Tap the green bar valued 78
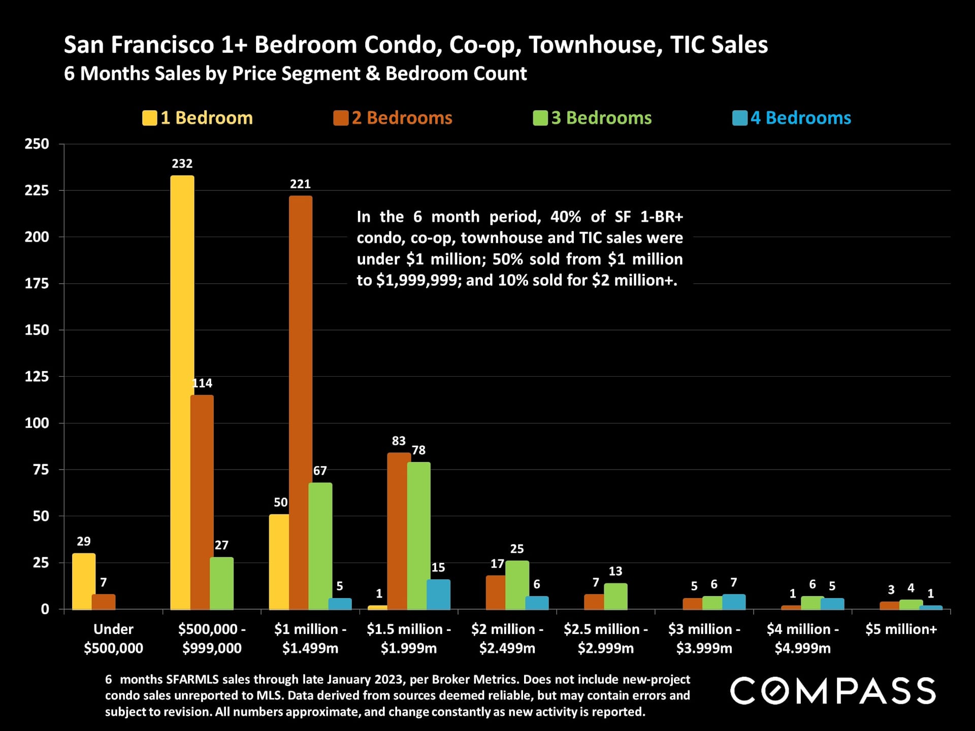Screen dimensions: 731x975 click(x=418, y=535)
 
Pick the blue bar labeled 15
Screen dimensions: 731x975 click(x=438, y=594)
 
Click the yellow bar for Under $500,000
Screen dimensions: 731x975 click(x=83, y=581)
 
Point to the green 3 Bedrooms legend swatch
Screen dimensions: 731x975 click(x=540, y=118)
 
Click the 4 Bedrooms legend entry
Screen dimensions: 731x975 click(x=800, y=118)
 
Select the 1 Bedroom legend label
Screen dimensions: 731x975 click(x=206, y=118)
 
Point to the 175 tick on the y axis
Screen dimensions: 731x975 click(x=37, y=283)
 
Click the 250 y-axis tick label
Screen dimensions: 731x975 click(x=37, y=144)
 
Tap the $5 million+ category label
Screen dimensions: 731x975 click(x=901, y=629)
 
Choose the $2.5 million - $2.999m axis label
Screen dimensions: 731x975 click(x=605, y=639)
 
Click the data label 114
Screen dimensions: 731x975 click(x=203, y=383)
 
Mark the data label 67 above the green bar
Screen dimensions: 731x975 click(x=320, y=471)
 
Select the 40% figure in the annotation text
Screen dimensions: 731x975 click(x=565, y=217)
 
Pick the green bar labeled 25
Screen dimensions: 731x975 click(x=517, y=584)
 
